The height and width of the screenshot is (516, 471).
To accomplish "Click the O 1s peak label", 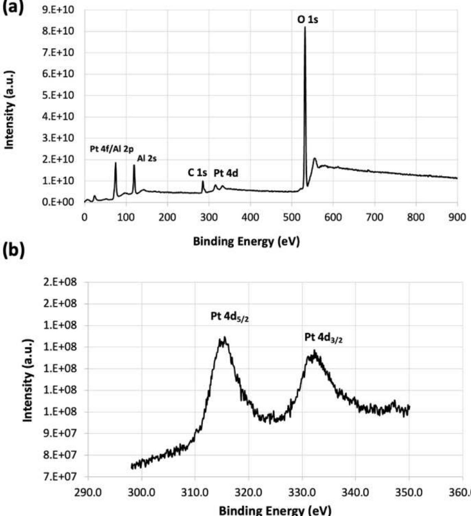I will point(308,19).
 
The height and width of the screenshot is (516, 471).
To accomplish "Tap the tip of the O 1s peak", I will point(305,27).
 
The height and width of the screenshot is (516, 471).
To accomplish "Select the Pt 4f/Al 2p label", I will point(112,149).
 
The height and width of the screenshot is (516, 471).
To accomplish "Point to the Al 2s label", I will point(147,159).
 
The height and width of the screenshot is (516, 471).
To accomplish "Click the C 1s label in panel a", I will point(197,173).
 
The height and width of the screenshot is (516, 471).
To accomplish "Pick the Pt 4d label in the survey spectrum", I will point(226,173).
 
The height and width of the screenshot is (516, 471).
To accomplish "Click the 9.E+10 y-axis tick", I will point(58,10).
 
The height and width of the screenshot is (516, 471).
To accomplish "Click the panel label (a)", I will point(13,7).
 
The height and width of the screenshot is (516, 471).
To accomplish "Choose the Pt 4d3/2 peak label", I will point(324,338).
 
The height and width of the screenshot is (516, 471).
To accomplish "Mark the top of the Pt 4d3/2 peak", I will point(315,351).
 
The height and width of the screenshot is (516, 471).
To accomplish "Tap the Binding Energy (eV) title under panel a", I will point(246,241).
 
